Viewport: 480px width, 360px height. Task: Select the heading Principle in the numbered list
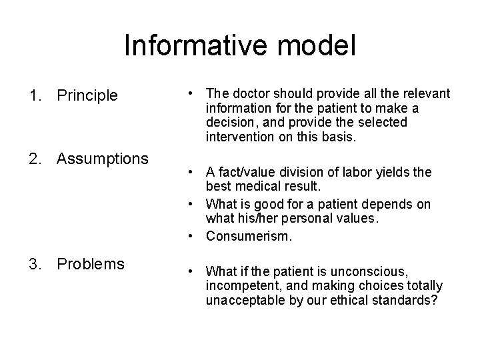click(87, 96)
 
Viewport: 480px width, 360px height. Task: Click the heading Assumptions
click(103, 159)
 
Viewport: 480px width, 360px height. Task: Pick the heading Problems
click(91, 264)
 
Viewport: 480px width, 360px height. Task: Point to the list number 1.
click(33, 96)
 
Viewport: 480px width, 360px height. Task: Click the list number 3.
click(33, 264)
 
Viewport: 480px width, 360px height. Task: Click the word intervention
click(238, 137)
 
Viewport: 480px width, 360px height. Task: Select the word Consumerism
click(249, 236)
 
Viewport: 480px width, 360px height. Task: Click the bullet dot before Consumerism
click(191, 236)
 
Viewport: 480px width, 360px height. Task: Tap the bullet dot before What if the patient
click(191, 271)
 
